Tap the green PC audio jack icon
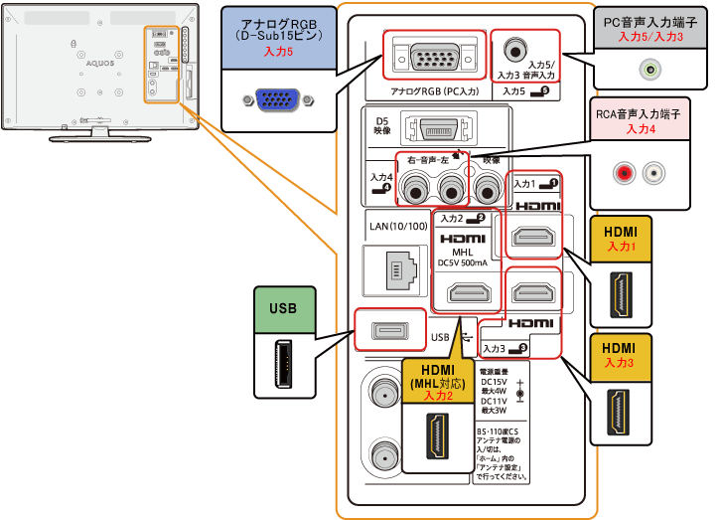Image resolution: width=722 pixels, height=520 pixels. (x=650, y=70)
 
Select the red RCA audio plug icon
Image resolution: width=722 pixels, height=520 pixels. (x=626, y=173)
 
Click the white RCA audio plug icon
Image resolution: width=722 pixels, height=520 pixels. (x=651, y=173)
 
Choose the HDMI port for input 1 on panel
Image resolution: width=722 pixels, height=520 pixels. (x=533, y=237)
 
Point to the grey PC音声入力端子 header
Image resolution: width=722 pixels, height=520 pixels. (x=650, y=29)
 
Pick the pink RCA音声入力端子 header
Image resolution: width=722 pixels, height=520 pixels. (x=650, y=122)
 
